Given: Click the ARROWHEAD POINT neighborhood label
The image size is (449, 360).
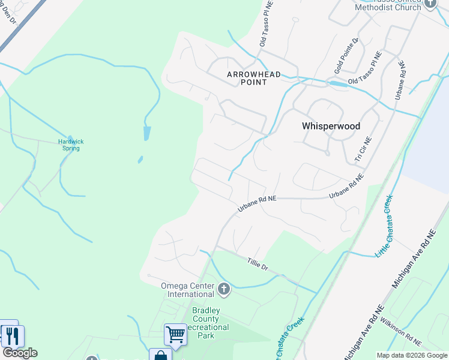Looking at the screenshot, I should pyautogui.click(x=246, y=78).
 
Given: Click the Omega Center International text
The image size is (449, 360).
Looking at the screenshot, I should pyautogui.click(x=187, y=290).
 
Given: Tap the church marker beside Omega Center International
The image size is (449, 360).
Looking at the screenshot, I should pyautogui.click(x=224, y=290).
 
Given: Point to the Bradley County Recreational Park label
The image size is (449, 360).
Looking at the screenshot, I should pyautogui.click(x=206, y=323).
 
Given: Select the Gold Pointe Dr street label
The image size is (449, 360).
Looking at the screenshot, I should pyautogui.click(x=347, y=58).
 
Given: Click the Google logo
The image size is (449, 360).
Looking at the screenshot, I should pyautogui.click(x=20, y=353).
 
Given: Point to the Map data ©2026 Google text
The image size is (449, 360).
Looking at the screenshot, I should pyautogui.click(x=412, y=355).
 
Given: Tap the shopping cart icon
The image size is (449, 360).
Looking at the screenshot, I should pyautogui.click(x=175, y=334).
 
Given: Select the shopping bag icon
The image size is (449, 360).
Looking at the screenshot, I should pyautogui.click(x=160, y=356).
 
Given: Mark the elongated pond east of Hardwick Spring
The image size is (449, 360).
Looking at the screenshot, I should pyautogui.click(x=147, y=133).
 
